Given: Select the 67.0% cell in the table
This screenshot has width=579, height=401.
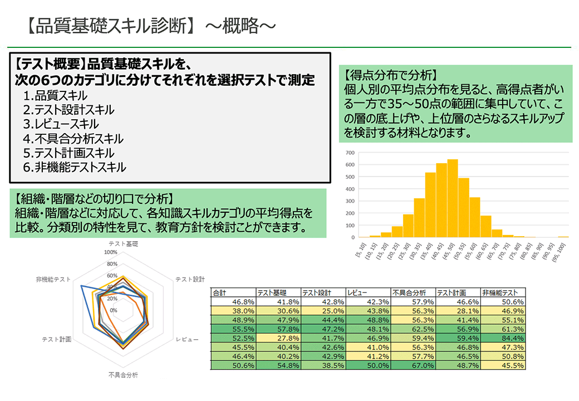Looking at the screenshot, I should pyautogui.click(x=413, y=365).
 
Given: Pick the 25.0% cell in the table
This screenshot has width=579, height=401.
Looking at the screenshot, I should pyautogui.click(x=323, y=311).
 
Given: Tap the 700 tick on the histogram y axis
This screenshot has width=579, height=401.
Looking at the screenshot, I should pyautogui.click(x=350, y=153).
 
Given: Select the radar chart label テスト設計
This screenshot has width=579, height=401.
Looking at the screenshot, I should pyautogui.click(x=190, y=279).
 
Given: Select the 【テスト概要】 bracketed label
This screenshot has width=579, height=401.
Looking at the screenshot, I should pyautogui.click(x=50, y=65).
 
